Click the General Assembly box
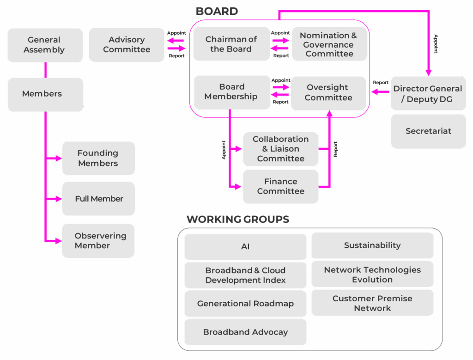(45, 45)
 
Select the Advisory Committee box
(127, 45)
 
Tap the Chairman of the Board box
(231, 44)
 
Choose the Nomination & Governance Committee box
(329, 44)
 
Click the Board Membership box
(231, 92)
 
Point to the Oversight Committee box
(328, 93)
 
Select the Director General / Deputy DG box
(428, 93)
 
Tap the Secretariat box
(428, 131)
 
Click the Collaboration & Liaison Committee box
(280, 149)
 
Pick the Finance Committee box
(280, 186)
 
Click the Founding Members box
(98, 158)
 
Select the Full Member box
(98, 199)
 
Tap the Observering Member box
(98, 241)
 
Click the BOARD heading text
(217, 11)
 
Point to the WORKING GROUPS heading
(238, 219)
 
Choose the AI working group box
(245, 247)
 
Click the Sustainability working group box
(372, 245)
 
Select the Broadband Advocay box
(245, 332)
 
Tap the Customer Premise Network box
(372, 303)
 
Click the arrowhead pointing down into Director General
(428, 72)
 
